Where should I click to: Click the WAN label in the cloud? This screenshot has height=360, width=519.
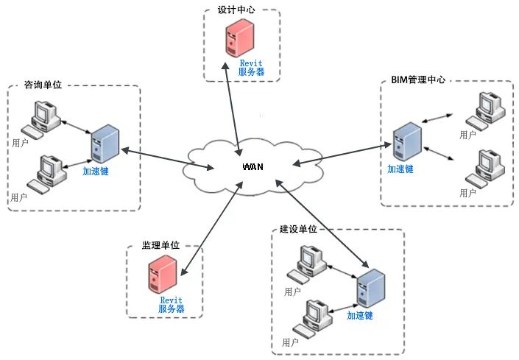click(253, 166)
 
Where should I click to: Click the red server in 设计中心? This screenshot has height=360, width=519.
click(240, 38)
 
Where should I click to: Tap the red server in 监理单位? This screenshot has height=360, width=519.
click(163, 275)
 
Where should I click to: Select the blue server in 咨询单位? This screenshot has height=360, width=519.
click(105, 144)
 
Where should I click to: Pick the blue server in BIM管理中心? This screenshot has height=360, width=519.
click(407, 141)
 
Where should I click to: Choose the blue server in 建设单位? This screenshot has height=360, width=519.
click(371, 288)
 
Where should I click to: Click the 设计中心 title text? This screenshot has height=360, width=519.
click(236, 10)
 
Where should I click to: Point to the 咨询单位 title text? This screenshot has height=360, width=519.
click(43, 85)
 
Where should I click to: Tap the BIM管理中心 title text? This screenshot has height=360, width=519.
click(418, 80)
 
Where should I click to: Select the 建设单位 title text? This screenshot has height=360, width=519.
click(298, 229)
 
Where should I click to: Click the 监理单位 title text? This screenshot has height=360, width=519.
click(160, 245)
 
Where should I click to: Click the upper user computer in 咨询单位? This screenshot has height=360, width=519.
click(41, 120)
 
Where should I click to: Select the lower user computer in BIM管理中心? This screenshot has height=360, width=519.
click(485, 169)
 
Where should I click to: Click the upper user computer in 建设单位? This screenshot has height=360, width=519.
click(307, 264)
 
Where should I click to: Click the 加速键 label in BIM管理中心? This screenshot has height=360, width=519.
click(400, 169)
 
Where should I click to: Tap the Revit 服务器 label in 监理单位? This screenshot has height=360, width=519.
click(171, 304)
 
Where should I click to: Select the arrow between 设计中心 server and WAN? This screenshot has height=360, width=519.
click(233, 109)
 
